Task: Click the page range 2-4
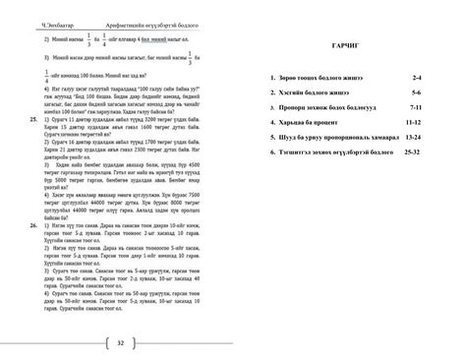pyautogui.click(x=416, y=77)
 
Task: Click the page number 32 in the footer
pyautogui.click(x=119, y=343)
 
